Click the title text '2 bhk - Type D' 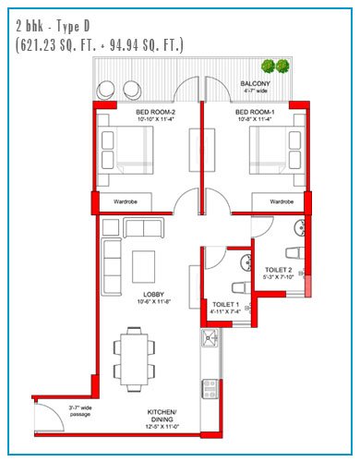[x=53, y=27]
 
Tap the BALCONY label [x=255, y=83]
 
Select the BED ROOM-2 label [x=156, y=112]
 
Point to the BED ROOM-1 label [x=255, y=112]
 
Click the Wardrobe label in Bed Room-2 [x=126, y=201]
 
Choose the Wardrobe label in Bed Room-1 [x=282, y=201]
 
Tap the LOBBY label [x=153, y=295]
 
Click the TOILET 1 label [x=225, y=305]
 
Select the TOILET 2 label [x=279, y=270]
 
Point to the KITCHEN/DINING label [x=162, y=416]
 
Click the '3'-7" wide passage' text [x=80, y=411]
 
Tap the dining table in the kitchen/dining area [x=134, y=359]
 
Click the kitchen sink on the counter [x=210, y=338]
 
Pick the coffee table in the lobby [x=143, y=267]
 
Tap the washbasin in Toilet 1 [x=246, y=262]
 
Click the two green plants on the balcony [x=275, y=67]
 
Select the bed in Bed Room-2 [x=126, y=150]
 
